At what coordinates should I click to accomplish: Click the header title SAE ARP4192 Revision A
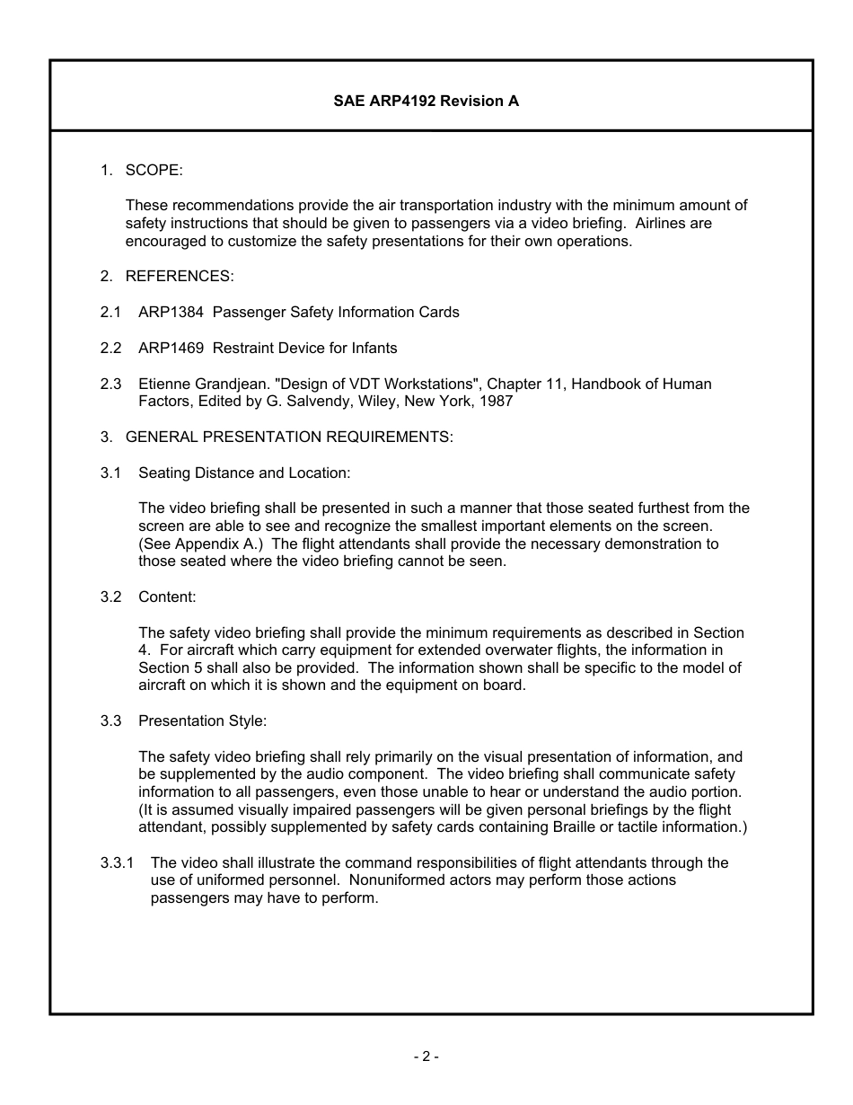pyautogui.click(x=426, y=102)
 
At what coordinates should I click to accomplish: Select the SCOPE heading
pyautogui.click(x=154, y=170)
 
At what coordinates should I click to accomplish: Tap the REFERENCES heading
pyautogui.click(x=180, y=277)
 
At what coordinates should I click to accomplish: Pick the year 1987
pyautogui.click(x=496, y=402)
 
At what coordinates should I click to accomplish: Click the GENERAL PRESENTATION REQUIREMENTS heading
pyautogui.click(x=289, y=438)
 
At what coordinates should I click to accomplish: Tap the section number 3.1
pyautogui.click(x=110, y=473)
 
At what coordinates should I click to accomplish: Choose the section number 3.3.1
pyautogui.click(x=118, y=862)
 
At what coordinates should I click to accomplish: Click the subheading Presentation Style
pyautogui.click(x=202, y=720)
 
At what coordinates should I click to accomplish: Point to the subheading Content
pyautogui.click(x=167, y=597)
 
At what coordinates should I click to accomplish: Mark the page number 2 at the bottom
pyautogui.click(x=426, y=1057)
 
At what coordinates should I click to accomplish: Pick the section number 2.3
pyautogui.click(x=110, y=384)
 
